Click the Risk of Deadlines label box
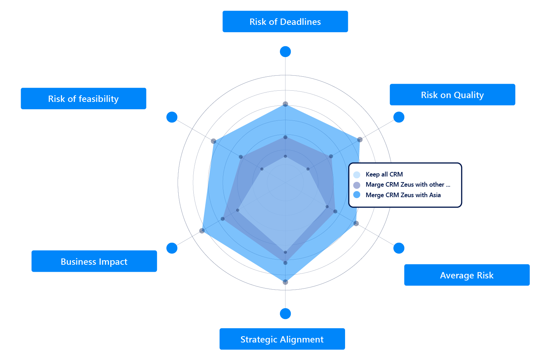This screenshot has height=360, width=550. pos(285,22)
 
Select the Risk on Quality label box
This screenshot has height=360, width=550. pos(452,95)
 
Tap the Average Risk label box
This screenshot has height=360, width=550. pos(467,275)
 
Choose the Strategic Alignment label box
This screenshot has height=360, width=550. pos(282,339)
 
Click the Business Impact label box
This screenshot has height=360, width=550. pos(94,262)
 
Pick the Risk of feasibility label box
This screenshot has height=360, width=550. pos(83,99)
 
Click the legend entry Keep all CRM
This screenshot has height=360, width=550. pos(384,174)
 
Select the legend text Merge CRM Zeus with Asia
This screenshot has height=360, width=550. pos(403,195)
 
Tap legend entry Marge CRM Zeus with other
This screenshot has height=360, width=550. pos(405,185)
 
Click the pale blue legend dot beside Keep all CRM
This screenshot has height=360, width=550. pos(357,175)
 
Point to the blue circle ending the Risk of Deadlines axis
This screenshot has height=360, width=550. pos(286,51)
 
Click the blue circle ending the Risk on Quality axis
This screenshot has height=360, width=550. pos(399,117)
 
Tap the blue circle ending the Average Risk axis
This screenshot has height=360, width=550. pos(399,248)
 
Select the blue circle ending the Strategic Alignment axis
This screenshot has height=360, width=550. pos(286,314)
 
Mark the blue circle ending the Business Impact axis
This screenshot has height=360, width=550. pos(172,248)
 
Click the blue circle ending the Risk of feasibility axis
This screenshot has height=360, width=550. pos(172,117)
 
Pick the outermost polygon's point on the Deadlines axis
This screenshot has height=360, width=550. pos(286,104)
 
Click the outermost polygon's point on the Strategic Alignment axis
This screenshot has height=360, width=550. pos(286,282)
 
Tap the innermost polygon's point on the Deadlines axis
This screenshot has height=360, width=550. pos(286,156)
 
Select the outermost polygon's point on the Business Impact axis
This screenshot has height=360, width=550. pos(202,230)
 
